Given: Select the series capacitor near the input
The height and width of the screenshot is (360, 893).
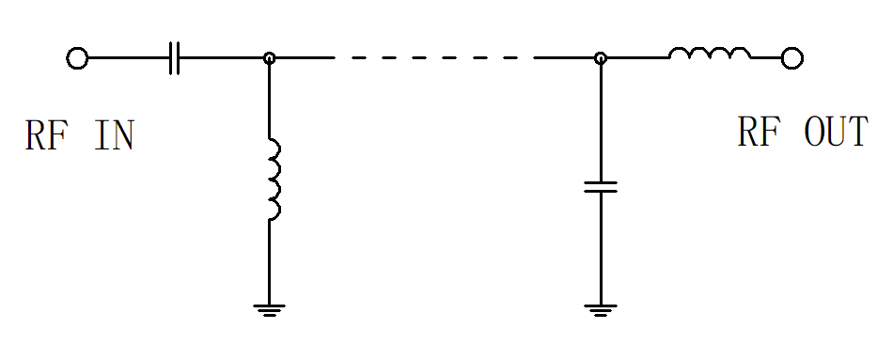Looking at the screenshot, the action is click(x=175, y=58).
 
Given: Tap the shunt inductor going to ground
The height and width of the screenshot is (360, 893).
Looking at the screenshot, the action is click(x=274, y=179).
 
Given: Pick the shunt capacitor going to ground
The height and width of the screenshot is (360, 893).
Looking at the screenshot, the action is click(x=601, y=187).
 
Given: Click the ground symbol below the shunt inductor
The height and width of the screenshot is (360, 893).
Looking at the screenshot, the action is click(x=270, y=310).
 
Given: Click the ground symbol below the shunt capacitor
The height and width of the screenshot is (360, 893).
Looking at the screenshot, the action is click(x=601, y=310).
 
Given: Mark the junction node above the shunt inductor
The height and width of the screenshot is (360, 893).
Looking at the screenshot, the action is click(x=270, y=58).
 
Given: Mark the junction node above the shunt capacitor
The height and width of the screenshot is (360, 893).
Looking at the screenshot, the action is click(x=601, y=58).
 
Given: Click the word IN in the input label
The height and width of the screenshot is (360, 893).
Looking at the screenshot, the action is click(x=114, y=135).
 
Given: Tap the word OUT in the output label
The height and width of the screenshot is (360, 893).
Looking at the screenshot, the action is click(x=836, y=132).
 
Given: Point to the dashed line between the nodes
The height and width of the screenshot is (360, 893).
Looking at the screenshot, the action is click(x=434, y=58).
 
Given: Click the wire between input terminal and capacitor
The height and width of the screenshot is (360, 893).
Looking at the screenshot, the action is click(x=129, y=58).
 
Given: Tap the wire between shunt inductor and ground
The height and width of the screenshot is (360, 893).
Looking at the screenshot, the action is click(x=270, y=262).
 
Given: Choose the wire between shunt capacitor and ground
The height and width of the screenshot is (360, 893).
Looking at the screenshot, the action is click(x=601, y=248).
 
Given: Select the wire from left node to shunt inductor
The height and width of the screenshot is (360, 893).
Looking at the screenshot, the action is click(x=270, y=101).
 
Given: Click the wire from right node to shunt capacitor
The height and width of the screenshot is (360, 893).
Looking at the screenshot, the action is click(x=601, y=122).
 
